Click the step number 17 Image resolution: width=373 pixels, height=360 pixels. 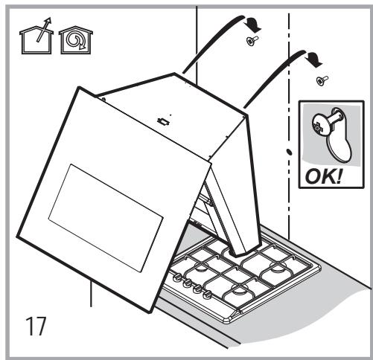point(36,326)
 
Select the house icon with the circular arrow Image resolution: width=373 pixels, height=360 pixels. point(76,39)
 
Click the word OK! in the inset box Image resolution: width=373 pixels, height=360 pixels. point(323,176)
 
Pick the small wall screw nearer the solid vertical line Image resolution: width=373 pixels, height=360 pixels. point(252,40)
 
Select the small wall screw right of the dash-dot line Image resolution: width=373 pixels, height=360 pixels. point(322,80)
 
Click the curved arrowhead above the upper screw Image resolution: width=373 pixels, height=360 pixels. point(253,25)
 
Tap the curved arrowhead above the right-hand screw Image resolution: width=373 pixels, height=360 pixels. point(314,60)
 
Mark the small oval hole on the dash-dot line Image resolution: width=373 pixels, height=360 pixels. point(289,152)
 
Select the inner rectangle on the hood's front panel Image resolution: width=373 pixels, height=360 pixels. point(106,217)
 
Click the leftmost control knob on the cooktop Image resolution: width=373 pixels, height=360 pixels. point(176,277)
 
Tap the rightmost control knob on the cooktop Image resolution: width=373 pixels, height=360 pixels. point(206,295)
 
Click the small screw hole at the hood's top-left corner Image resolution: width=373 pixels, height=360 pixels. point(103,100)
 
